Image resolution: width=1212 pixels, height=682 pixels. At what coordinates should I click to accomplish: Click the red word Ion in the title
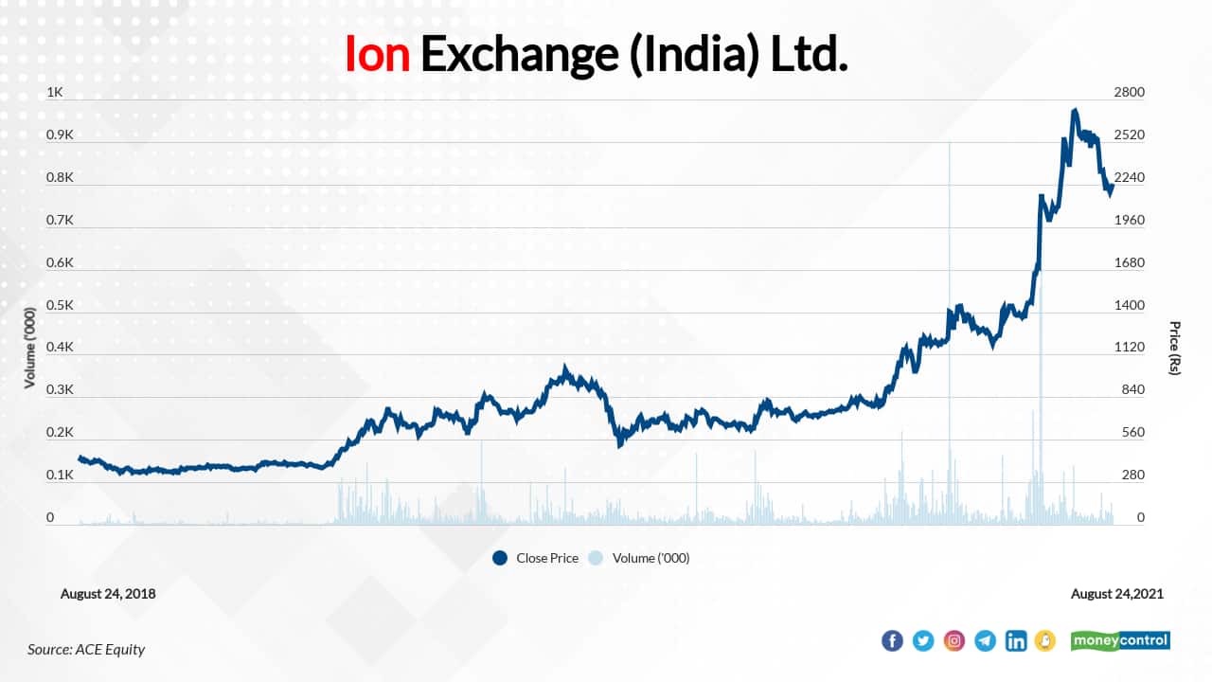point(377,54)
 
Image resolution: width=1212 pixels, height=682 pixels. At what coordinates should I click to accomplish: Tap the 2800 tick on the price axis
point(1129,93)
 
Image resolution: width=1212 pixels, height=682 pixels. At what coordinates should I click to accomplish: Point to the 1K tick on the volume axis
point(55,93)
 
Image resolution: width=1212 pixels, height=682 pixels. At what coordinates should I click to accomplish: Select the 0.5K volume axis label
point(60,305)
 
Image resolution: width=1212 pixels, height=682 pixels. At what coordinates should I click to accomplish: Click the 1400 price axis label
point(1129,305)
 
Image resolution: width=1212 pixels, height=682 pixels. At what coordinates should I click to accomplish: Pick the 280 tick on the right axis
point(1132,475)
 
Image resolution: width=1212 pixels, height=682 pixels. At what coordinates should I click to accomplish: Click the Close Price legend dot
point(500,558)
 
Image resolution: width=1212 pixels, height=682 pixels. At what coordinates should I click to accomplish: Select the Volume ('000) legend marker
point(597,558)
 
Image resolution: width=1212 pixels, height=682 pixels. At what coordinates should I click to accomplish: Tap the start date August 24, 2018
point(108,594)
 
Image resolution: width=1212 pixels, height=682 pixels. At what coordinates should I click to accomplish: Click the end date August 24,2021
point(1117,594)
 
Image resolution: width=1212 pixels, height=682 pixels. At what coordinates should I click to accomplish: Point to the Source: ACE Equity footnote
point(86,649)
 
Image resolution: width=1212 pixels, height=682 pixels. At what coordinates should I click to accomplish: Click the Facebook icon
point(892,641)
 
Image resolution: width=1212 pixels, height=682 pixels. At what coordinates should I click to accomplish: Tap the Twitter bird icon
point(923,641)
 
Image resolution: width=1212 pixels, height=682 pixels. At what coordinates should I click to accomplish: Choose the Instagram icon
point(954,641)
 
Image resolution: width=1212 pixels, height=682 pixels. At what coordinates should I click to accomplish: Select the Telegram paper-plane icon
point(986,641)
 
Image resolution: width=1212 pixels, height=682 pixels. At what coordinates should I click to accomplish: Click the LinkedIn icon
point(1016,641)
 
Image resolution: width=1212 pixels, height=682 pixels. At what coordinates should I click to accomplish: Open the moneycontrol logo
point(1120,641)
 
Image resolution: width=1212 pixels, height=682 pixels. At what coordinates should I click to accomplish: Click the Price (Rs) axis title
point(1175,348)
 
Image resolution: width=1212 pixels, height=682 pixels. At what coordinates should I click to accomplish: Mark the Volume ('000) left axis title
point(29,348)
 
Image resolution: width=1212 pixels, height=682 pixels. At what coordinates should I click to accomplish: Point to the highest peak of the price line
point(1075,111)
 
